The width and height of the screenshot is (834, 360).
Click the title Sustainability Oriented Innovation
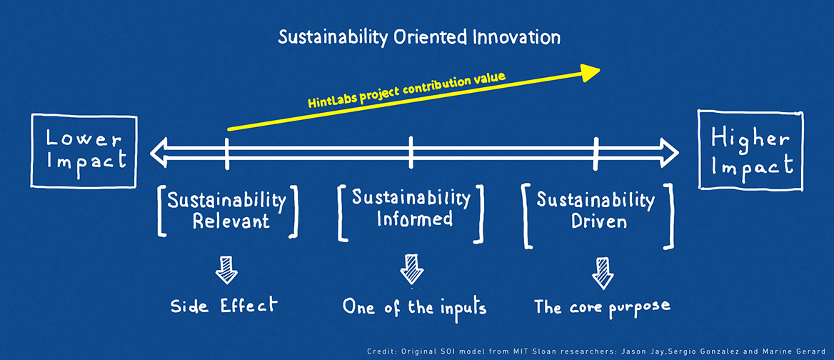[419, 38]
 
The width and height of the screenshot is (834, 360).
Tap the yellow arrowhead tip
[601, 69]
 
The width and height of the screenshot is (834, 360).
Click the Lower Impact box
[84, 151]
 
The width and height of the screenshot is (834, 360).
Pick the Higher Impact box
[750, 149]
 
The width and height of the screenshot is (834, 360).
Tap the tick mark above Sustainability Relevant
[227, 153]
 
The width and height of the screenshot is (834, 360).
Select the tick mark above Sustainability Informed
[411, 152]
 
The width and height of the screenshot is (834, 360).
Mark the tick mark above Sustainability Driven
[596, 153]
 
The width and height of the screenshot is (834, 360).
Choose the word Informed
[414, 219]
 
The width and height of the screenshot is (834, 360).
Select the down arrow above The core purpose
[603, 273]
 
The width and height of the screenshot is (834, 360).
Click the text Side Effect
[224, 306]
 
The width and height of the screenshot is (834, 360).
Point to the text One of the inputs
[414, 307]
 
